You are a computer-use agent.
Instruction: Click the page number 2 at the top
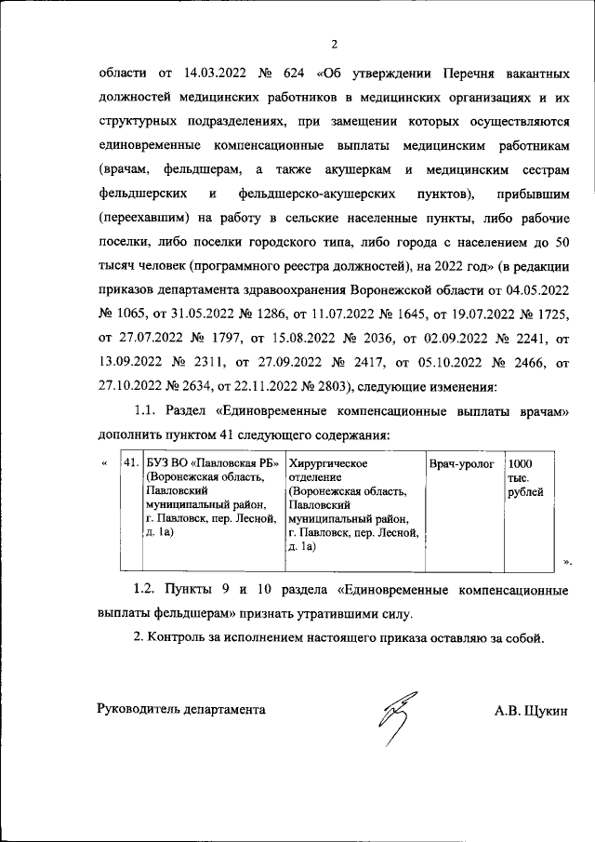[333, 44]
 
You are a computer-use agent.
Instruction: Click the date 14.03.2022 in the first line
[217, 73]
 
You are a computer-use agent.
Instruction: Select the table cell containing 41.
[131, 462]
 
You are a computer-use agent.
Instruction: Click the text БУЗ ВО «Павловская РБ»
[202, 462]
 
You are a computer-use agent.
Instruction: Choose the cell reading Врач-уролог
[461, 462]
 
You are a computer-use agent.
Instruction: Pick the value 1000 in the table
[521, 462]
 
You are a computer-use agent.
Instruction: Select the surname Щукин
[544, 710]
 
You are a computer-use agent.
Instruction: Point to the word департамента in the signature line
[227, 710]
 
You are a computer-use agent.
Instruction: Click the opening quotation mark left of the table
[103, 462]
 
